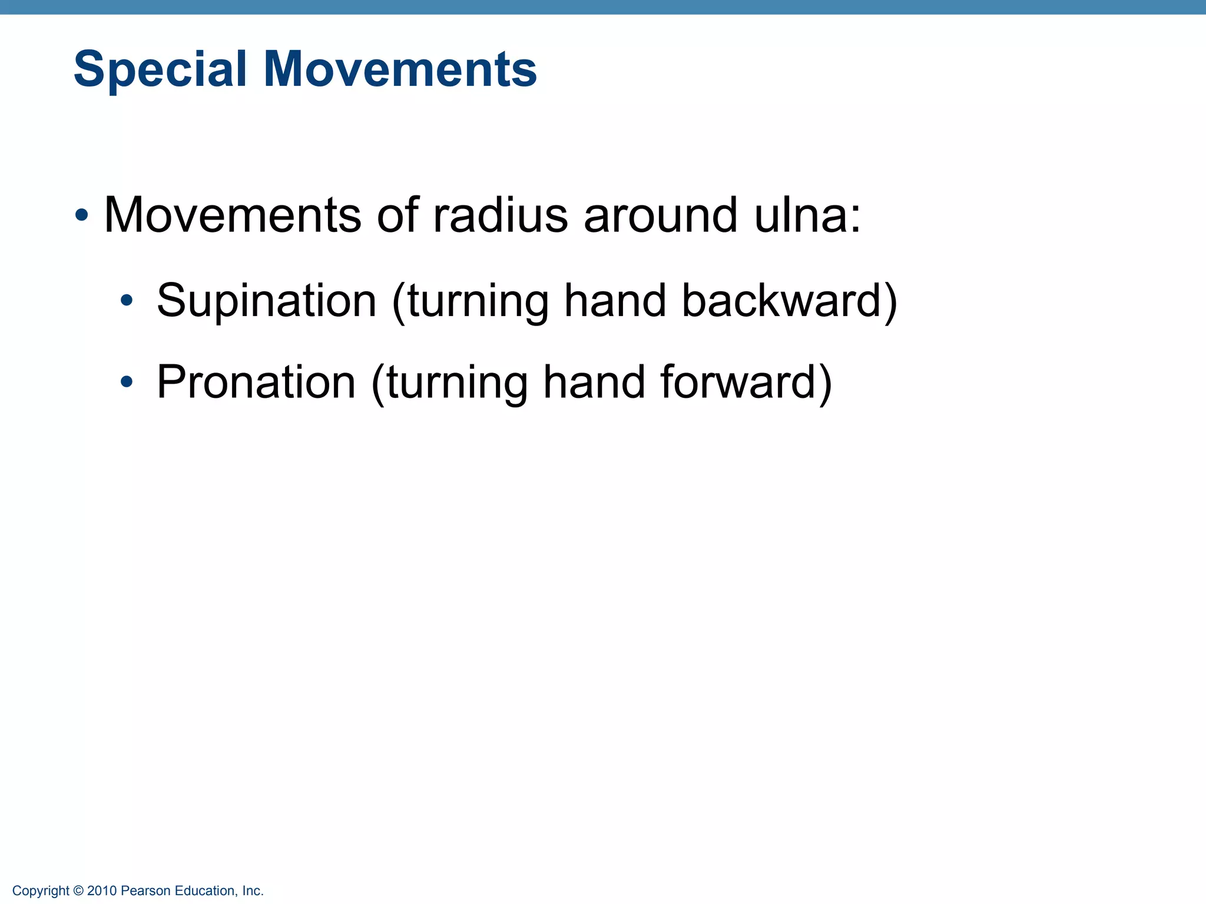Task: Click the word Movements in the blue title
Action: click(x=400, y=69)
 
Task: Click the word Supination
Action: click(x=266, y=301)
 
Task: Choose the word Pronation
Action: click(x=256, y=383)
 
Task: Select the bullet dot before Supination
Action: click(x=126, y=301)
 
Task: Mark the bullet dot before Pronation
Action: click(x=126, y=383)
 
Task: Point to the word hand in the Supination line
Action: click(x=615, y=301)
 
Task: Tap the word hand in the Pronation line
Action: click(x=594, y=383)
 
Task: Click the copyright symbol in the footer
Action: click(x=78, y=891)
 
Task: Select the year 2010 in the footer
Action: click(x=102, y=891)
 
